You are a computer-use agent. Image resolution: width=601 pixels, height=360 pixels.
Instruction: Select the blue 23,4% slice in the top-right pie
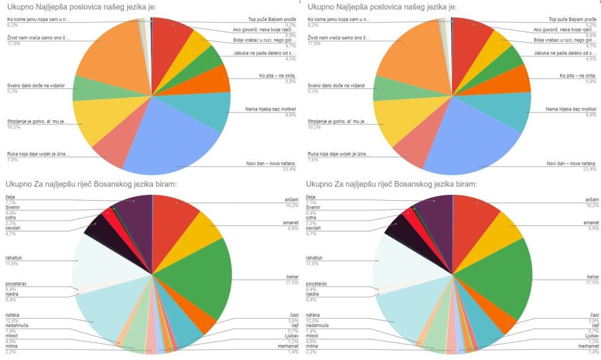pos(475,138)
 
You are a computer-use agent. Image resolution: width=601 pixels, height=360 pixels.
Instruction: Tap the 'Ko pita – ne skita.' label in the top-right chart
pos(578,76)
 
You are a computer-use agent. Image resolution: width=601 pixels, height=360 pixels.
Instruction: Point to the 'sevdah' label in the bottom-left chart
pos(15,228)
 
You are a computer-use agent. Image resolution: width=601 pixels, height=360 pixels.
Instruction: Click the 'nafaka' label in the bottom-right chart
pos(313,315)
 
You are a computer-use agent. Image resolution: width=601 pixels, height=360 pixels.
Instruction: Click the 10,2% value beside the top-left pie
pos(12,127)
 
